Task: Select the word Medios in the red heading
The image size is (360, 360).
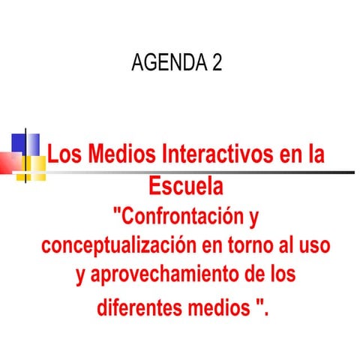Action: click(x=115, y=155)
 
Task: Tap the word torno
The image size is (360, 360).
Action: click(x=250, y=246)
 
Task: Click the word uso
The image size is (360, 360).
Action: click(x=315, y=246)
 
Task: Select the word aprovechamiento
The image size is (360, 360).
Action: click(x=161, y=274)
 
